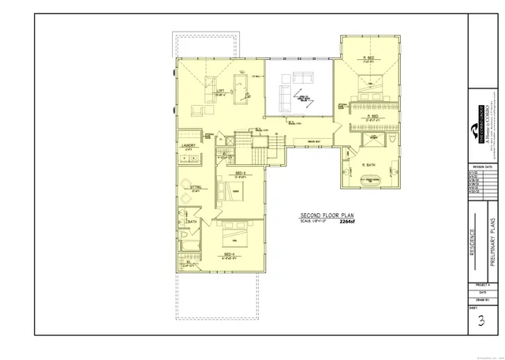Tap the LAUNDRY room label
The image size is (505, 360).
(x=188, y=146)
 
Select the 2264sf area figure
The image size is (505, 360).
(x=347, y=222)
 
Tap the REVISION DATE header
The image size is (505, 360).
(x=482, y=167)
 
